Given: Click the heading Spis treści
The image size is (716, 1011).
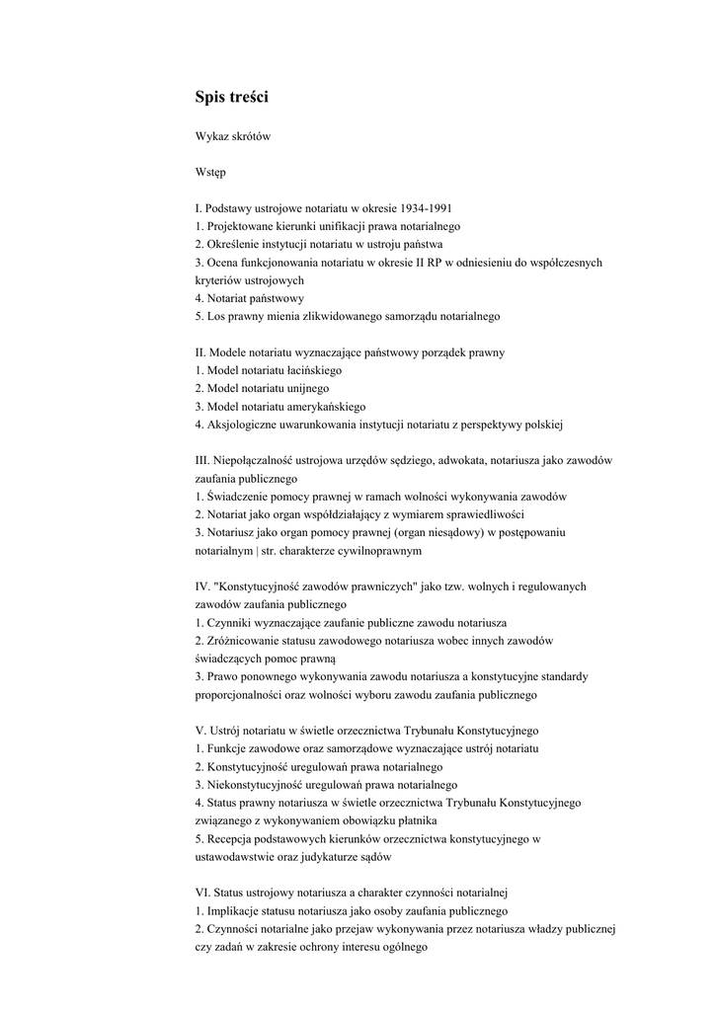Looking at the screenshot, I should point(231,97).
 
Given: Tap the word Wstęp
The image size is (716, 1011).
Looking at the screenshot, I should point(210,172).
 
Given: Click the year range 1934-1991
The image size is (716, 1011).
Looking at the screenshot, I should point(421,208).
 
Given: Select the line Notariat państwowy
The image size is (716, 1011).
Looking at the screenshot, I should point(254,298).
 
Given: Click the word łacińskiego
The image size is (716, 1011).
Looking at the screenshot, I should point(311,370).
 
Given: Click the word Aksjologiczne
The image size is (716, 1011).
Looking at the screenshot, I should point(241,425).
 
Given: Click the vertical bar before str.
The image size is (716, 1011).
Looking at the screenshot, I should point(284,551).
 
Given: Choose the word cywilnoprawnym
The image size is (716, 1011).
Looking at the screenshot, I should point(380,551).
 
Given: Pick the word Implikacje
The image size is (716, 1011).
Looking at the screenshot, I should point(236,911).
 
